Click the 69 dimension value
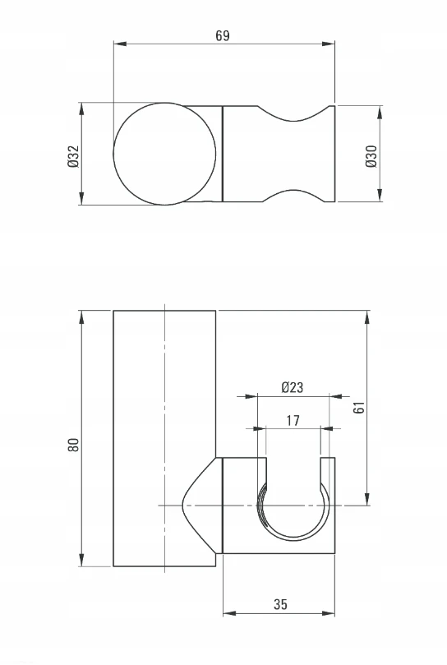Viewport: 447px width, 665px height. coord(222,35)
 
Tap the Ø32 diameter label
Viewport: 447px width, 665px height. coord(73,156)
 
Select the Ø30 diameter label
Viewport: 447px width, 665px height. coord(371,156)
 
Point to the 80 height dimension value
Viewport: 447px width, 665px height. coord(73,445)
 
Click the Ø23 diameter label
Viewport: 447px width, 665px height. coord(293,387)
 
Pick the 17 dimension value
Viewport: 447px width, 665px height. coord(293,420)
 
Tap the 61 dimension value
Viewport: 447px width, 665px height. coord(359,407)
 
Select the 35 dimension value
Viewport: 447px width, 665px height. coord(280,604)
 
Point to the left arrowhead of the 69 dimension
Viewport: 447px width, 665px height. coord(120,44)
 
